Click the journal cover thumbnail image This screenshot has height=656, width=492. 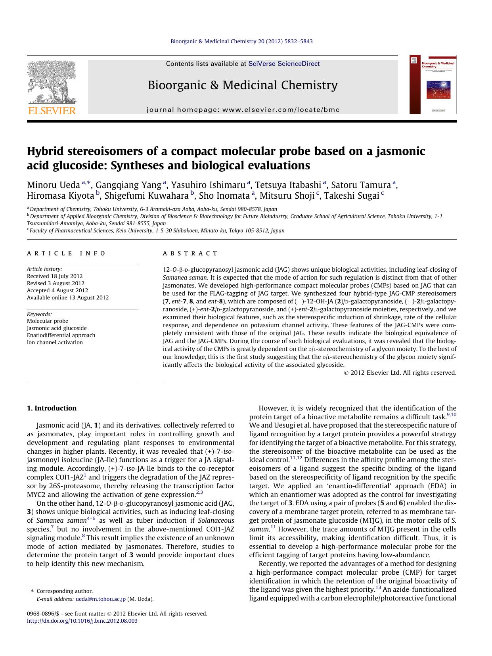coord(433,84)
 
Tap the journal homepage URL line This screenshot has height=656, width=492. coord(243,110)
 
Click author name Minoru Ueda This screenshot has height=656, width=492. coord(54,185)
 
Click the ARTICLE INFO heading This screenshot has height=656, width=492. coord(66,253)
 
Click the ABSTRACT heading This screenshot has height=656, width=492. coord(190,253)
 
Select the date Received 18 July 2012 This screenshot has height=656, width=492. coord(55,276)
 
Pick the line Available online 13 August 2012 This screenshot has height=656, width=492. coord(68,297)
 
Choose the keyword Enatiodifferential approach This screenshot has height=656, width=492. coord(61,335)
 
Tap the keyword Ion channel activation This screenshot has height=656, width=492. coord(55,342)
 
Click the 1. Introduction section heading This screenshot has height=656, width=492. coord(52,408)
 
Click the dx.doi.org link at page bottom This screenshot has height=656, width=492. coord(82,621)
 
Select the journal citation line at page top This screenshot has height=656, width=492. coord(241,41)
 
